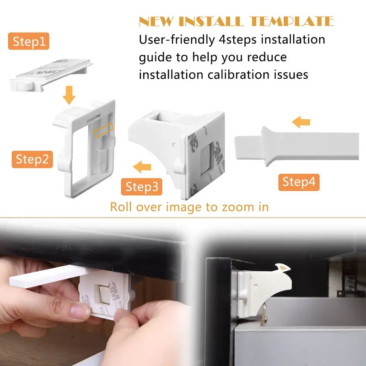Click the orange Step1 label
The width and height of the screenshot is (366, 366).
tap(29, 42)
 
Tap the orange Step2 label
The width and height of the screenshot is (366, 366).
tap(32, 159)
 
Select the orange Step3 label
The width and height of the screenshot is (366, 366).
tap(142, 187)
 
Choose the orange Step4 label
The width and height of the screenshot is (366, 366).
tap(299, 182)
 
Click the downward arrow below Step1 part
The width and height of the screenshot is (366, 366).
tap(69, 96)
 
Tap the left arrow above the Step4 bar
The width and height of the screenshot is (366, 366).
tap(301, 122)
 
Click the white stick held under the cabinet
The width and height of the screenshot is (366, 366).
tap(46, 277)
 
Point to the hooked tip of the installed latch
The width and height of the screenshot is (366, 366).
tap(280, 268)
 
